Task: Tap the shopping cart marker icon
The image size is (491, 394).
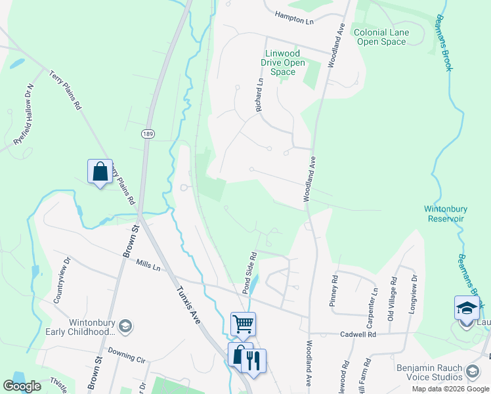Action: pyautogui.click(x=243, y=323)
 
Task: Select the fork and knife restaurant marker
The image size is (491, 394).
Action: pyautogui.click(x=253, y=360)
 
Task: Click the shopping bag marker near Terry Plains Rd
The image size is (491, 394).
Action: pyautogui.click(x=100, y=171)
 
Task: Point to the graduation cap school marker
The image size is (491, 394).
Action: pyautogui.click(x=467, y=307)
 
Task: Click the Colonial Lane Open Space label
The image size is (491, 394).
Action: pyautogui.click(x=381, y=37)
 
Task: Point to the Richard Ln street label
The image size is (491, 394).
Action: pyautogui.click(x=260, y=95)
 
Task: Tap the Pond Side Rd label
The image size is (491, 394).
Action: pyautogui.click(x=249, y=272)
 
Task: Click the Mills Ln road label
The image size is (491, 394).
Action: pyautogui.click(x=148, y=265)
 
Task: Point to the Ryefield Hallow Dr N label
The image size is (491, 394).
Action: pyautogui.click(x=23, y=115)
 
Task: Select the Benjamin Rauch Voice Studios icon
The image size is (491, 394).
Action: pyautogui.click(x=472, y=373)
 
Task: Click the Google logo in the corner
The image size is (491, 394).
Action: pyautogui.click(x=22, y=386)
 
